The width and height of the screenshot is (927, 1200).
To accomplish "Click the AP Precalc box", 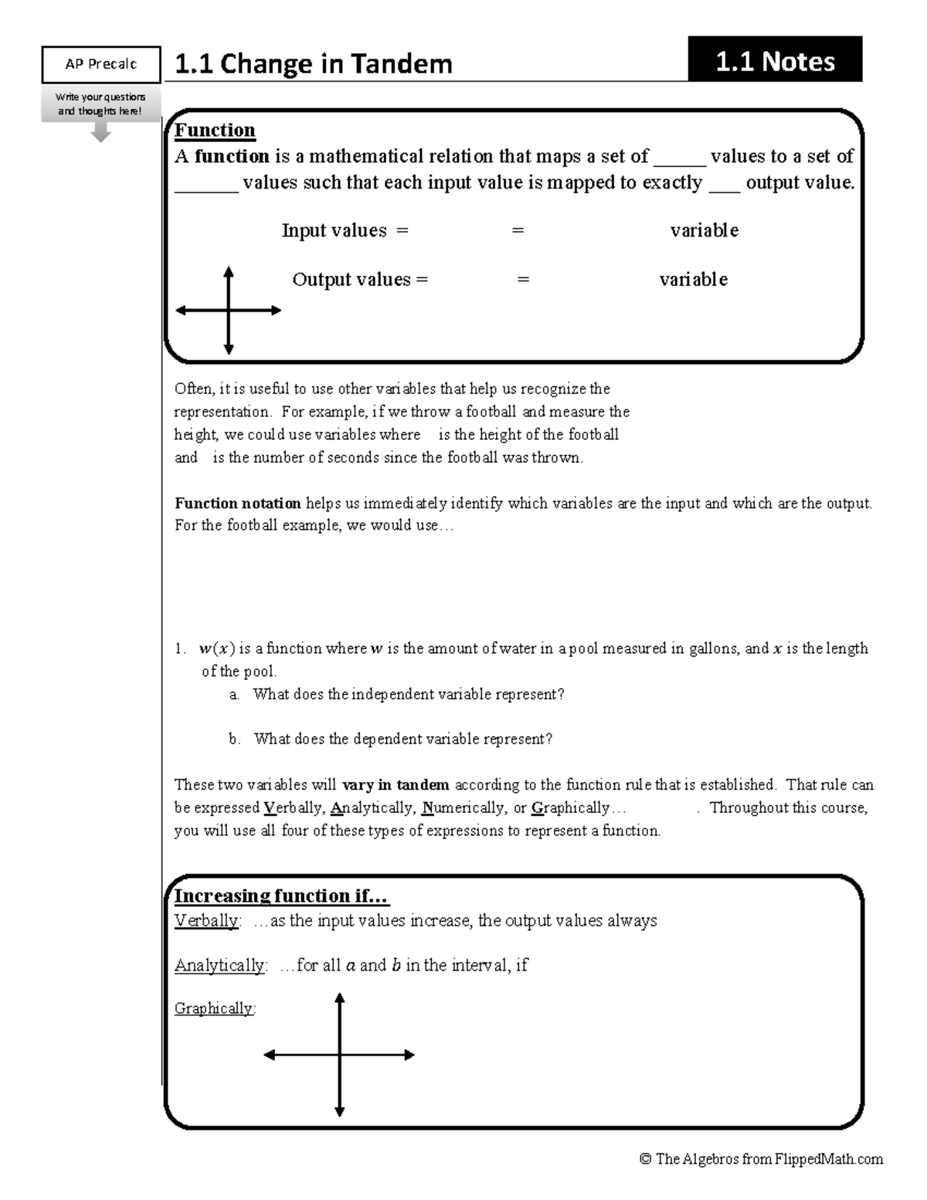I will point(100,64).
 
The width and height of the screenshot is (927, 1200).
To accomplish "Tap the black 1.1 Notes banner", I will point(775,61).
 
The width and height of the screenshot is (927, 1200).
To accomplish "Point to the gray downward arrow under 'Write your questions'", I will point(100,134).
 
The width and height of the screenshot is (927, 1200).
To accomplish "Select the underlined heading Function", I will point(215,130).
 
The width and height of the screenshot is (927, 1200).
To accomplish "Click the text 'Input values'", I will point(334,230).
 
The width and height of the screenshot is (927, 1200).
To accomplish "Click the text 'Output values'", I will point(351,279).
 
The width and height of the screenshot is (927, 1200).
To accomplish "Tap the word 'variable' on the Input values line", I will point(704,230).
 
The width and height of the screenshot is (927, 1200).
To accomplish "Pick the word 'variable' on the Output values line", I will point(693,279).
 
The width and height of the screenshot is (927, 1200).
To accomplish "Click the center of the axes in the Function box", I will point(229,311).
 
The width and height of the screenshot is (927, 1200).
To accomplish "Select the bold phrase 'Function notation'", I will point(238,503).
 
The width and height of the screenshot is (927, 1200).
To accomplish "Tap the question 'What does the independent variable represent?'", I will point(409,694).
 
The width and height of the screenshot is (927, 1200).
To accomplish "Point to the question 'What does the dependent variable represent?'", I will point(403,739).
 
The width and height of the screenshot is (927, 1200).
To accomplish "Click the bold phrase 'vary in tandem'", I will point(396,784).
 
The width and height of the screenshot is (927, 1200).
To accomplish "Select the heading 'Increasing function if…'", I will point(282,896).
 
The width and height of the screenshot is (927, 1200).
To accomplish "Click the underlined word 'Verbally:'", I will point(207,920).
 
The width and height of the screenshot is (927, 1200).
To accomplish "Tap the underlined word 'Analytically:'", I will point(221,965).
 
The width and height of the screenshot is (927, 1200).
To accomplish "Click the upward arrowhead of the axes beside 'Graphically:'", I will point(339,998).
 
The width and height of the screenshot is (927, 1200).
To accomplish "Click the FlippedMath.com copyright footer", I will point(761,1158).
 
